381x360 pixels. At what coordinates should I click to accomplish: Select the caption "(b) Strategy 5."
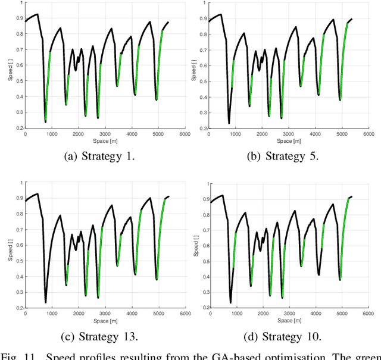(x=283, y=157)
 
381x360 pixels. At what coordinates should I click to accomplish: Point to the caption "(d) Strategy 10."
(x=283, y=337)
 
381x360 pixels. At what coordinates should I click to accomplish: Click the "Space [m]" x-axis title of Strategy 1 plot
(x=105, y=141)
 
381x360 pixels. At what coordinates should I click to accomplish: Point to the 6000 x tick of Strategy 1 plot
(x=184, y=134)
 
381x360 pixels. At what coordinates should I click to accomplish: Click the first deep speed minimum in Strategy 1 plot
(x=45, y=121)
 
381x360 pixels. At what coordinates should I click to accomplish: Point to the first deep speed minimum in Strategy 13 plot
(x=45, y=302)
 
